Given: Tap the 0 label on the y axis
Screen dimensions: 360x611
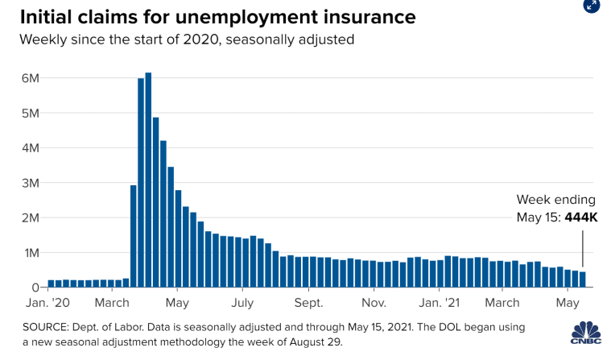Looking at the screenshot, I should pyautogui.click(x=35, y=288).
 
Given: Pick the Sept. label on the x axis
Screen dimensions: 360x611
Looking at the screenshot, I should pyautogui.click(x=308, y=304).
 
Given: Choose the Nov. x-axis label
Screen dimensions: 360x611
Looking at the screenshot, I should pyautogui.click(x=374, y=304).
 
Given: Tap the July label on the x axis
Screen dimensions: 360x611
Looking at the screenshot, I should pyautogui.click(x=242, y=304).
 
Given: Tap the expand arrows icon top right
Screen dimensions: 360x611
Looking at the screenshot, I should pyautogui.click(x=590, y=5).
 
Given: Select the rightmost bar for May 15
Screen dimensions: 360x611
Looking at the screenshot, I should pyautogui.click(x=583, y=279).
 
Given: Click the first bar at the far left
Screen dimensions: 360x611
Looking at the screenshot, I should pyautogui.click(x=51, y=283).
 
